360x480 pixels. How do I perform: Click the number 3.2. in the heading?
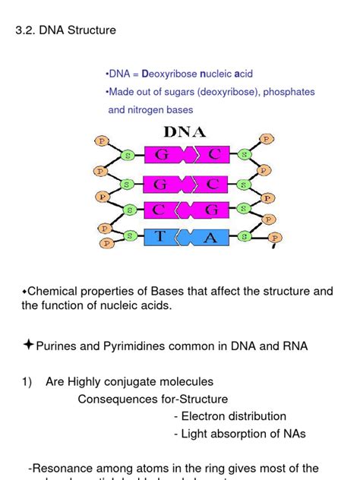coord(26,31)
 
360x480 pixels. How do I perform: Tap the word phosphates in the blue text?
coord(288,92)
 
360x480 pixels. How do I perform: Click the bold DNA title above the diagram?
coord(185,131)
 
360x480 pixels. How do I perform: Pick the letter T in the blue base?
coord(160,236)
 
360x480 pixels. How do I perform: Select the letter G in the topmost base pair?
coord(161,155)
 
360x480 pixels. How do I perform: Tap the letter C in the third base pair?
coord(161,210)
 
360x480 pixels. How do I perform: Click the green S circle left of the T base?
coord(130,236)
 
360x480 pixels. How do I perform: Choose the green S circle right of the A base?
coord(245,236)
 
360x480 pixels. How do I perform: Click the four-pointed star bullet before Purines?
coord(28,346)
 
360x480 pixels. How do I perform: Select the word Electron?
coord(203,416)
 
